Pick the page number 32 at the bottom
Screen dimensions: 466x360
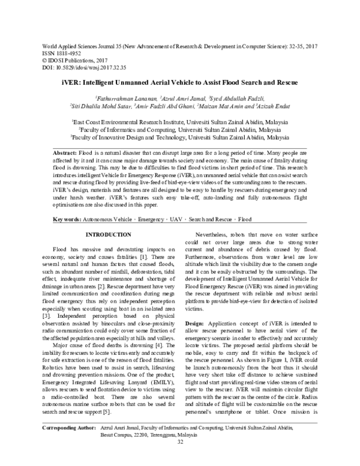pos(180,459)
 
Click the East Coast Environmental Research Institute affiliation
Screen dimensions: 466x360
pos(180,121)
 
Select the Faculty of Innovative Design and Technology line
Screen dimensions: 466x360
pos(180,137)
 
